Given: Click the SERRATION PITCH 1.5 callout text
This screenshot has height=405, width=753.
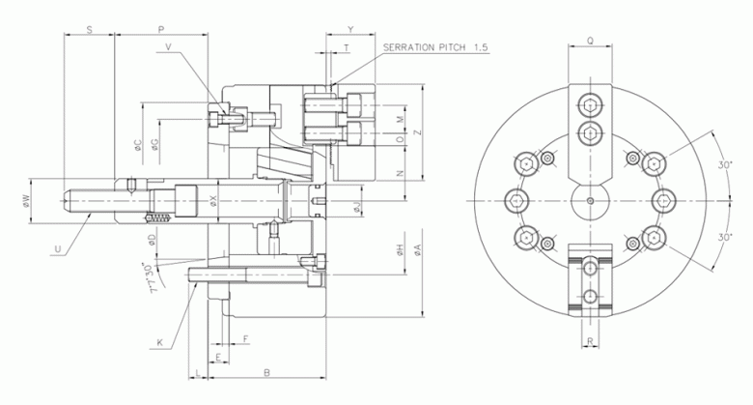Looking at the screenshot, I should coord(435,47).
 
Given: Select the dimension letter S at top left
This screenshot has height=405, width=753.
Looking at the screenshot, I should coord(88,30).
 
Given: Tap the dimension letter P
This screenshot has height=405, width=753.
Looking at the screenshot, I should coord(160,30).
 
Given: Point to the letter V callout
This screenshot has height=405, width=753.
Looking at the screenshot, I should coord(169,46).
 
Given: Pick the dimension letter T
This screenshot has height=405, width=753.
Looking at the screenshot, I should coord(346,47).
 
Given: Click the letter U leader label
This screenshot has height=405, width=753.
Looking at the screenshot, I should coord(59,249).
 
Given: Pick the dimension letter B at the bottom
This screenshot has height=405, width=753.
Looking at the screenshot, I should coord(266,372).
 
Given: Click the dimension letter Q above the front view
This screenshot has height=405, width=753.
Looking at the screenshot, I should coord(590,42).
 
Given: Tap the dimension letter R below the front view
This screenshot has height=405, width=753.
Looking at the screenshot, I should coord(590,343).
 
